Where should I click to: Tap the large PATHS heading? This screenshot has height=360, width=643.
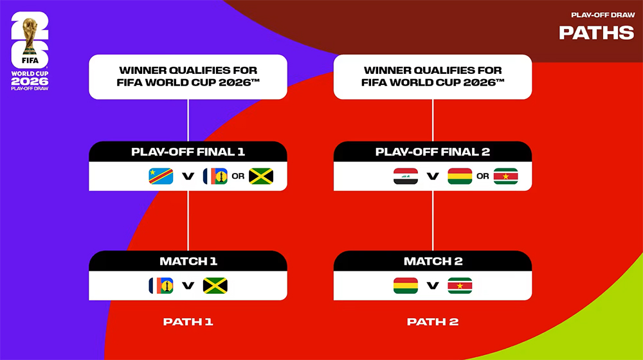pos(596,33)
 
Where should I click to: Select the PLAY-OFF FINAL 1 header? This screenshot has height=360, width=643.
pos(188,152)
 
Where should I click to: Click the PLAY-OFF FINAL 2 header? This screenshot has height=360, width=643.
pos(433,152)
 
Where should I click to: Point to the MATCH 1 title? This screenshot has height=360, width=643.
pos(188,261)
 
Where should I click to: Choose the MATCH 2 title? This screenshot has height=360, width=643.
pos(433,261)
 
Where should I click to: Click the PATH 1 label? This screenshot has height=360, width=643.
pos(188,321)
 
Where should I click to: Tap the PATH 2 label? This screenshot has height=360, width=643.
pos(433,321)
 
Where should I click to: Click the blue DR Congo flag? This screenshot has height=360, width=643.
pos(161,176)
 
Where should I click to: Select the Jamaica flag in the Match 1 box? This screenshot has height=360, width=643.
pos(215,285)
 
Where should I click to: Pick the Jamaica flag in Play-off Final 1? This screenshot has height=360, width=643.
pos(261,176)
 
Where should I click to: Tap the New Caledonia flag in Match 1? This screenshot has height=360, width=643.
pos(161,285)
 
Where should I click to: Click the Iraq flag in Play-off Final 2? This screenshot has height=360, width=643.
pos(406,176)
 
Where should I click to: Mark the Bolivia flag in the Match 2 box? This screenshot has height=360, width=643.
pos(406,285)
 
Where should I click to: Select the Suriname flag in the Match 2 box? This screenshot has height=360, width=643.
pos(460,285)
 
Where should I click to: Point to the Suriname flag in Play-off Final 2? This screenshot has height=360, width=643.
pos(506,176)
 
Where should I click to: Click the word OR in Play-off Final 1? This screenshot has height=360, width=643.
pos(238,176)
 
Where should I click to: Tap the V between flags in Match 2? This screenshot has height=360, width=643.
pos(433,285)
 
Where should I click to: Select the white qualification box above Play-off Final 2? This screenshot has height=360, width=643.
pos(433,76)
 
